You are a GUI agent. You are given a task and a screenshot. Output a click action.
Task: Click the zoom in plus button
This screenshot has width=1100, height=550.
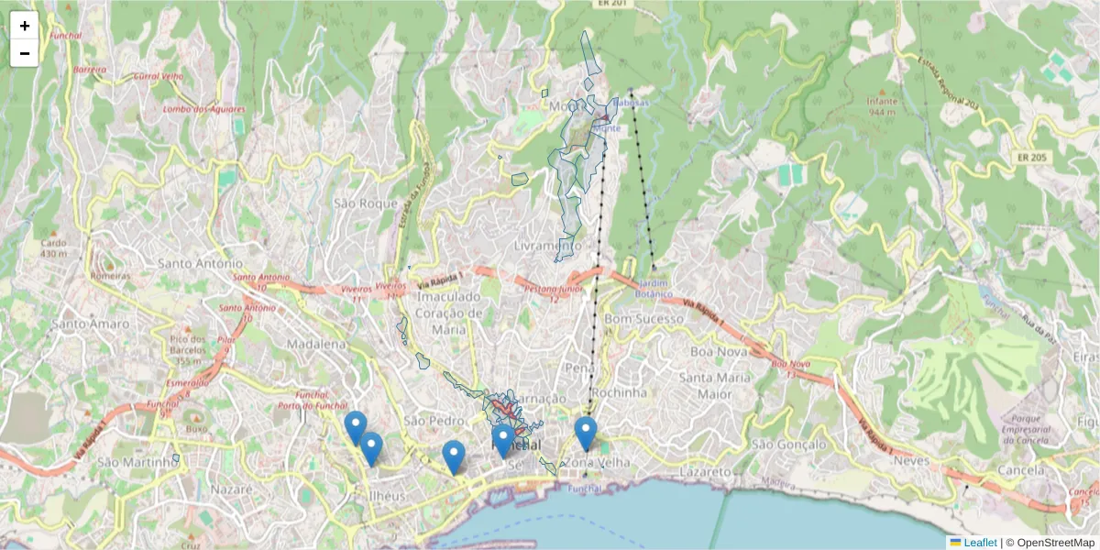(25, 26)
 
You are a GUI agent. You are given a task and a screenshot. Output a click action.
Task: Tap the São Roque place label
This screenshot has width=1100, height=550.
(366, 203)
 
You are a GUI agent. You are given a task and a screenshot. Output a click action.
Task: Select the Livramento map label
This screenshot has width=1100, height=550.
(546, 246)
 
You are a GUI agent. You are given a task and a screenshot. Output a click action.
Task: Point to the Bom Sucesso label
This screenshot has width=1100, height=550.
(644, 319)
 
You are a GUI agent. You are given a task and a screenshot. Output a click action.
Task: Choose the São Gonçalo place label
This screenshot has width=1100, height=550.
(786, 444)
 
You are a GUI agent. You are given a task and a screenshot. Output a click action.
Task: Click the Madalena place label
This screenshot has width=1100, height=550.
(316, 344)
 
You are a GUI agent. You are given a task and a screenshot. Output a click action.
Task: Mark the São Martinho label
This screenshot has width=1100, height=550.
(136, 462)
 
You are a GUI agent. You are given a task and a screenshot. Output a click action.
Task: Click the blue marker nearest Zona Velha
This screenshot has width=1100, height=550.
(586, 433)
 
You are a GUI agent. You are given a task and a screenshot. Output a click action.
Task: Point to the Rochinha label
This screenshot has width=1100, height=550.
(620, 392)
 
